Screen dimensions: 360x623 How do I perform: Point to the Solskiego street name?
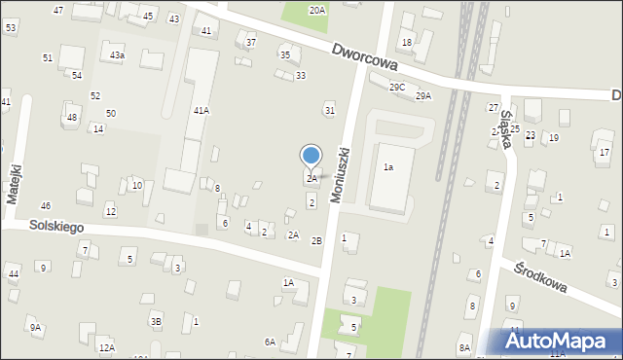tap(42, 226)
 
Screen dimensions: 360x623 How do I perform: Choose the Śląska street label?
tap(505, 126)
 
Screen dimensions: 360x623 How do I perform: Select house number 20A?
tap(317, 10)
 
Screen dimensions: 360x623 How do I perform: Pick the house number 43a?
tap(117, 55)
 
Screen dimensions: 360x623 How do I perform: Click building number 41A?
tap(201, 111)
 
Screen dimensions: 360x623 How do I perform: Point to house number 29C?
tap(397, 88)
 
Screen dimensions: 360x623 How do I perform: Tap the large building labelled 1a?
tap(387, 167)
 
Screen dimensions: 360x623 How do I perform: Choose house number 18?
tap(407, 42)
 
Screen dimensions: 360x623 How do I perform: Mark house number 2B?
tap(316, 240)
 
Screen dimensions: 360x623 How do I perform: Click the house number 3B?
tap(156, 321)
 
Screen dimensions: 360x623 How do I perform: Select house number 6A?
tap(270, 342)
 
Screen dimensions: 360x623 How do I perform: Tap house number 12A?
tap(106, 347)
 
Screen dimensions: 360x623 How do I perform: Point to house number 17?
tap(604, 153)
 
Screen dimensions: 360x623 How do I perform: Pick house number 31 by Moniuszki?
tap(329, 110)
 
